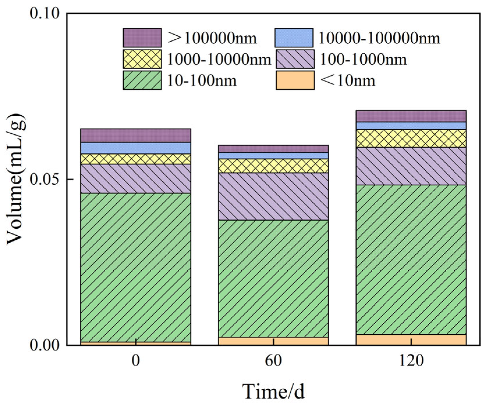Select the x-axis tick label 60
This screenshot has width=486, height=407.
coord(273,361)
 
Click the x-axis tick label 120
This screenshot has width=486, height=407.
coord(411,361)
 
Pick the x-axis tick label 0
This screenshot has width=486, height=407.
coord(136,361)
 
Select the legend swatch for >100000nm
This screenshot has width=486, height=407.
coord(142,38)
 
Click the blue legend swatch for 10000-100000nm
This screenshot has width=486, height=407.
coord(294,38)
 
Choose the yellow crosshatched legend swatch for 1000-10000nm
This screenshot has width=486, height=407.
coord(142,59)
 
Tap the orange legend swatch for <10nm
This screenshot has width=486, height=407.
coord(295,80)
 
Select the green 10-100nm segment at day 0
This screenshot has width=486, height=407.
coord(136,268)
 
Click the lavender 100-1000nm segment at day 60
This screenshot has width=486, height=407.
coord(273,196)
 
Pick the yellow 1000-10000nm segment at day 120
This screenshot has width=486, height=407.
coord(411,138)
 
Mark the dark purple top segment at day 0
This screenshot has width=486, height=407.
coord(136,135)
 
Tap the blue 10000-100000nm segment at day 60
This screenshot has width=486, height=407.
coord(273,156)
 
